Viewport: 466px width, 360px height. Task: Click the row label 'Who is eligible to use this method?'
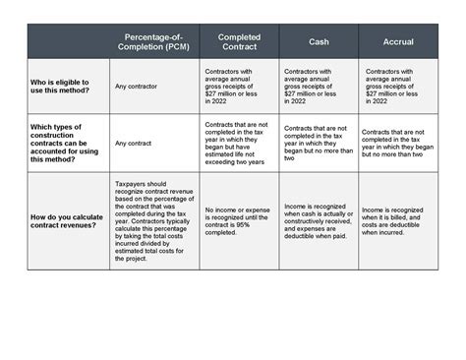coord(61,87)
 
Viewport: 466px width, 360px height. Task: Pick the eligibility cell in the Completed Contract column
coord(239,87)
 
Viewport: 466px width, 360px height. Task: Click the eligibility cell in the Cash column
coord(319,87)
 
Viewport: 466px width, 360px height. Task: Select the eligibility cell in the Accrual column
coord(399,87)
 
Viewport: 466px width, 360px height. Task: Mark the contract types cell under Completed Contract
coord(239,143)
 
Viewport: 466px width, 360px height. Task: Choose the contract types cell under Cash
coord(319,143)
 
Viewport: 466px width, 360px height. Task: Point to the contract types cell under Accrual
coord(399,143)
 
